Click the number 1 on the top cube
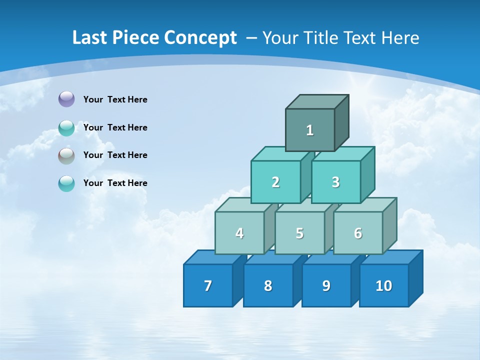point(310,130)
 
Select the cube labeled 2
point(275,182)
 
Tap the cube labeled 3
point(336,182)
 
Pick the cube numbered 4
point(239,233)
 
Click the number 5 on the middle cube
point(299,233)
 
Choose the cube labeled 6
point(358,233)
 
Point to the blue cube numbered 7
point(208,285)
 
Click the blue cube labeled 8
point(268,285)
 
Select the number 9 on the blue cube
point(326,285)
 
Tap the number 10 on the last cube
point(384,285)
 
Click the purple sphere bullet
point(66,99)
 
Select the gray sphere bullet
point(66,156)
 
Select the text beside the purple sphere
point(115,99)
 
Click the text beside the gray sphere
point(115,155)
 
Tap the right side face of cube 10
point(416,278)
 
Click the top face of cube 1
point(317,102)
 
